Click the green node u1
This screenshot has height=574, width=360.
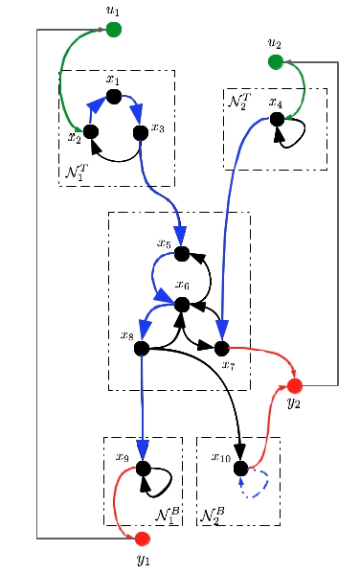113,30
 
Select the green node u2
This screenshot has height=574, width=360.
276,62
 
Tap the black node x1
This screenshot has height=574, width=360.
114,96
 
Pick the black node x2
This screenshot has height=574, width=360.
91,132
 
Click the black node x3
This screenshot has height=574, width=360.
141,133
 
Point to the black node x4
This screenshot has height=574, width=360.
277,119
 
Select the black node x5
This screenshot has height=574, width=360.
182,254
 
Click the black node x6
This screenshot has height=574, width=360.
182,305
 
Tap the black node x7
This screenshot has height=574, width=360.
221,349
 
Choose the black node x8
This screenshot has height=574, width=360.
142,349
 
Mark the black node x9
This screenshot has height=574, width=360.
143,469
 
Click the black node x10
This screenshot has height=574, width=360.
240,469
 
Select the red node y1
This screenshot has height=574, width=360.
143,539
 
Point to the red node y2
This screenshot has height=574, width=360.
295,385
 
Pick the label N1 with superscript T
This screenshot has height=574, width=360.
77,172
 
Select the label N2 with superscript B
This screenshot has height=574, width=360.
213,516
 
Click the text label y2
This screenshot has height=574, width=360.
294,402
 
